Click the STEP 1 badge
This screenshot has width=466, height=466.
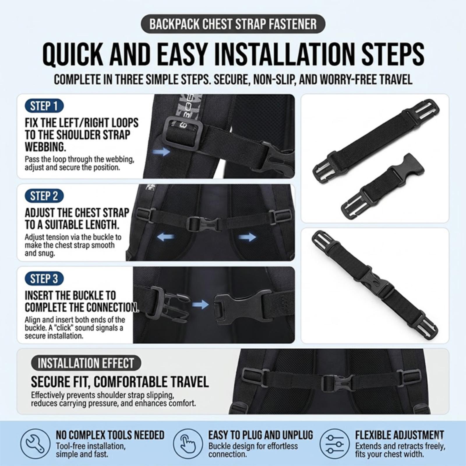pos(44,106)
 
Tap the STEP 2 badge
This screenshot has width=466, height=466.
pos(44,196)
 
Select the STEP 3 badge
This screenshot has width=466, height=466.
pos(44,279)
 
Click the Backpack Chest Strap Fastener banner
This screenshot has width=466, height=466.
pos(233,24)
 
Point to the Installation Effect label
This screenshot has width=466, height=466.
pos(86,363)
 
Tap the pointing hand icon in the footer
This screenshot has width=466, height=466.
pos(187,444)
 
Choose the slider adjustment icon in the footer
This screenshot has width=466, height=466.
pos(333,444)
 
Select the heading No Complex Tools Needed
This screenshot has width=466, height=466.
pos(110,435)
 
